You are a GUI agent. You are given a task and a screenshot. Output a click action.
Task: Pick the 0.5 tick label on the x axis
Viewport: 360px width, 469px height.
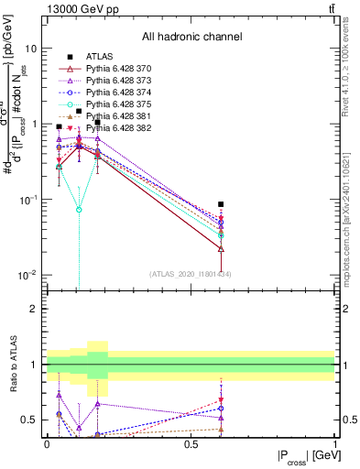click(191, 444)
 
